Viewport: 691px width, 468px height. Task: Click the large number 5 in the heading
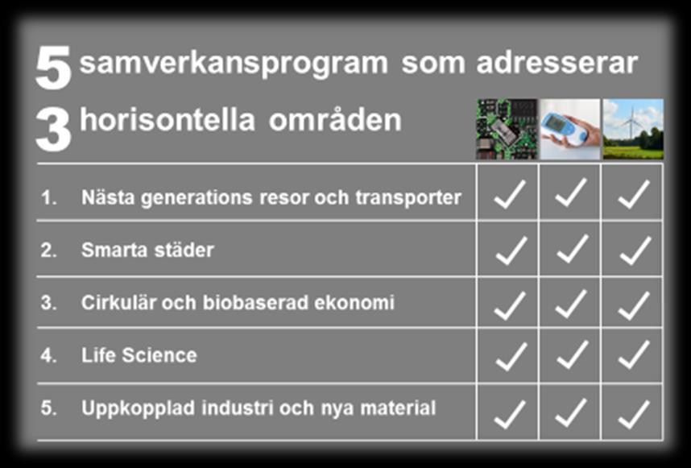click(53, 68)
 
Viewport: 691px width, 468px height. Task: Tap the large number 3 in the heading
click(53, 130)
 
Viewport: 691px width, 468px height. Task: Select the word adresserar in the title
click(557, 63)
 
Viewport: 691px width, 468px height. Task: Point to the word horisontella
click(168, 120)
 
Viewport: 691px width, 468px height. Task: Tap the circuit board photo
click(507, 129)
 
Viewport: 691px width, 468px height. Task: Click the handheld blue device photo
click(570, 129)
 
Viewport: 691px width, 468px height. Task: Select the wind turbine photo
click(633, 129)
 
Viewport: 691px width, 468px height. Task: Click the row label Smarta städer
click(147, 250)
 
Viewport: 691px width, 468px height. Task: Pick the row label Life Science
click(139, 355)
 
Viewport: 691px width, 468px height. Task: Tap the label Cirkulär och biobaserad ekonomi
click(238, 303)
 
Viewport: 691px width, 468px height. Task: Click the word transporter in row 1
click(408, 197)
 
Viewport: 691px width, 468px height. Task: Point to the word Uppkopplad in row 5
click(138, 409)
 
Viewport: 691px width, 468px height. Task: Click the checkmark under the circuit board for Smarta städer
click(511, 251)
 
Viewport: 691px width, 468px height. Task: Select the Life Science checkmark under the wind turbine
click(634, 354)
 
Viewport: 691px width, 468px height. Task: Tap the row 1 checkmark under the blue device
click(571, 193)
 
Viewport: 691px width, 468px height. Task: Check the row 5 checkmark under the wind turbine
click(634, 414)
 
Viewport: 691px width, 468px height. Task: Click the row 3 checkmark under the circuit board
click(510, 305)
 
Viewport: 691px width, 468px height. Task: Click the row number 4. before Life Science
click(48, 355)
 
